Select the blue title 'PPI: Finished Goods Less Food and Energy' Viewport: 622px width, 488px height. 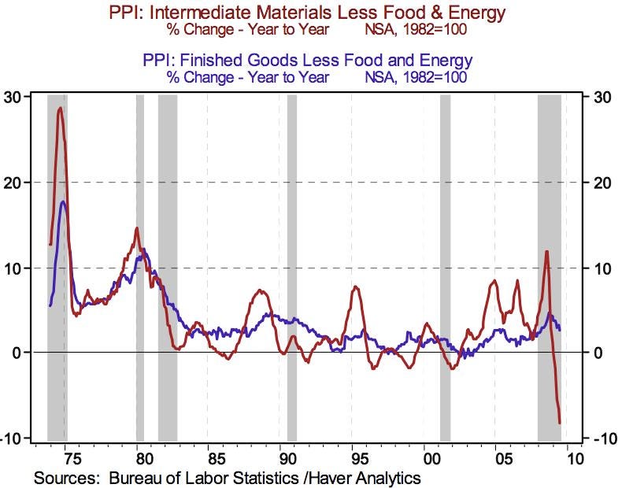point(309,60)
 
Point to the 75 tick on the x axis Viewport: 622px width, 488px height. point(66,457)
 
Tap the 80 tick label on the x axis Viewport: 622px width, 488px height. point(139,457)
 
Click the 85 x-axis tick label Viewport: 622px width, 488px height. point(211,457)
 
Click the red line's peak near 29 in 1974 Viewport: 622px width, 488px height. point(60,108)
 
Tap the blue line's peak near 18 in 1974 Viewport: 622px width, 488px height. point(63,201)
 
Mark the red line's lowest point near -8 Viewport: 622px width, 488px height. point(560,423)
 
